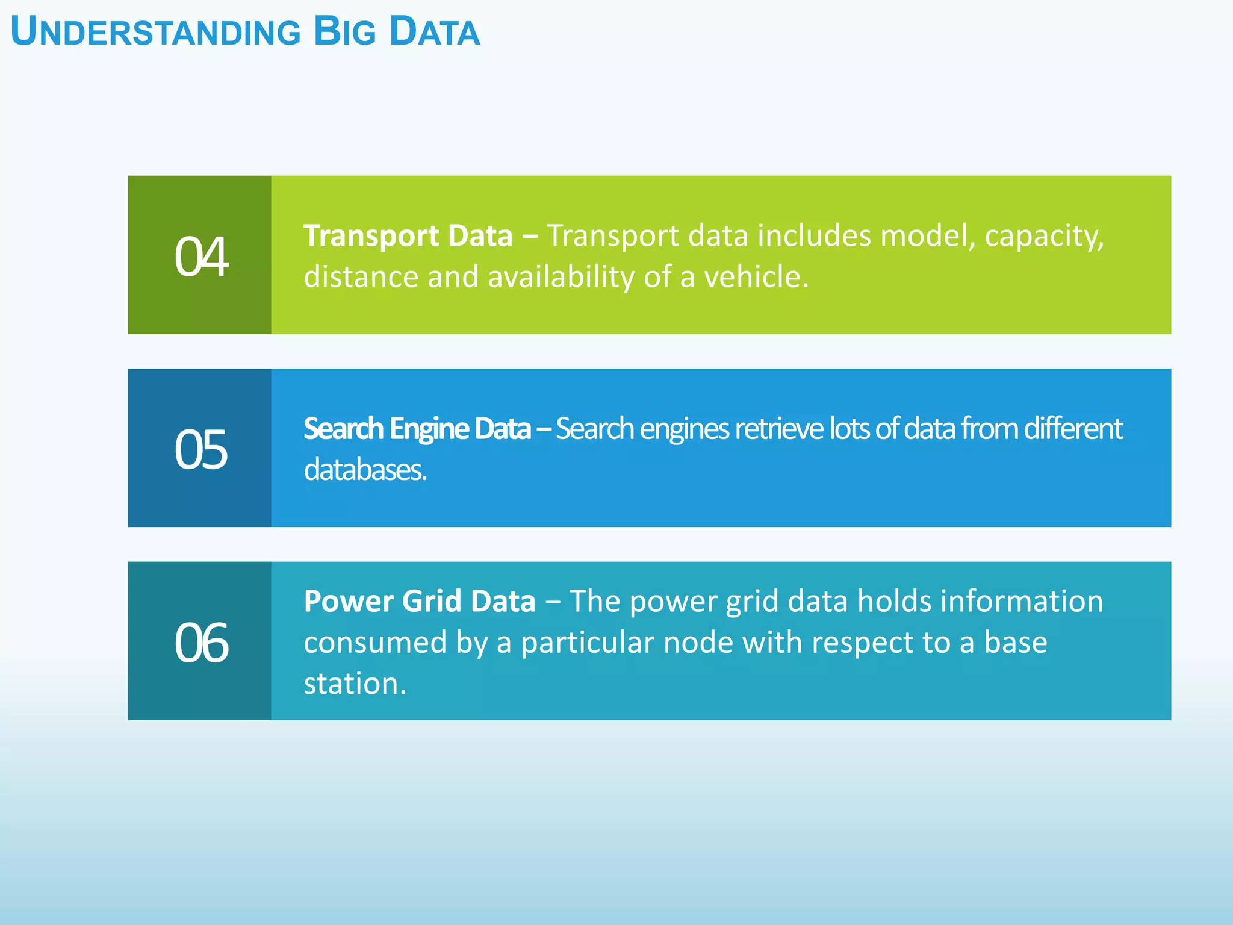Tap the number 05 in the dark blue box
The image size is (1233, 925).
click(x=201, y=450)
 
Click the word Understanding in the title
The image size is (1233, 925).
click(x=155, y=33)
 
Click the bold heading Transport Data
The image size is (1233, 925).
click(x=408, y=235)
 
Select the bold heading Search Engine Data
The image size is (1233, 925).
click(x=417, y=429)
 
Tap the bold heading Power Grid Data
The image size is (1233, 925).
click(x=419, y=601)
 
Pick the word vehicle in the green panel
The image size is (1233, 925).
click(x=756, y=277)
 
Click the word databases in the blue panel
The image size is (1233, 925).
click(x=365, y=470)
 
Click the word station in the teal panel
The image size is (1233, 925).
click(x=355, y=684)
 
